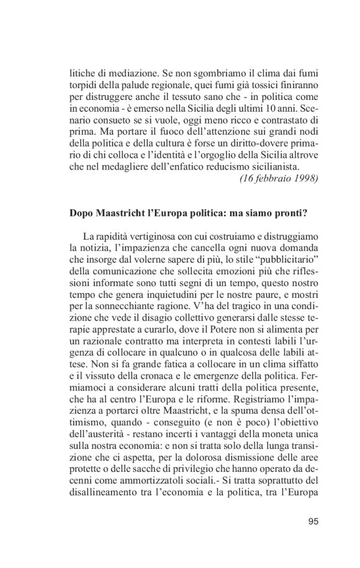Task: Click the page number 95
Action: (x=312, y=521)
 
